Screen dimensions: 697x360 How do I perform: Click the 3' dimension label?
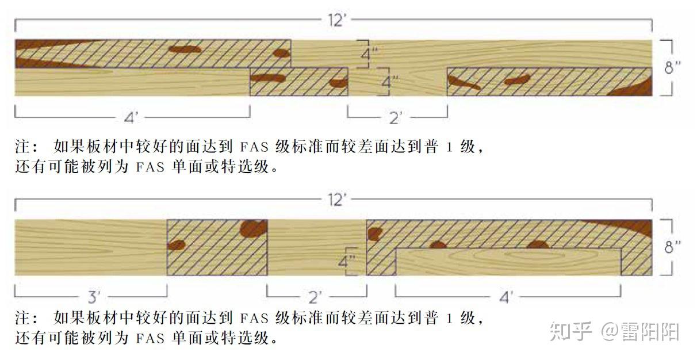pos(94,297)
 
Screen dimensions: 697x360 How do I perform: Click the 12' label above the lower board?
pos(336,200)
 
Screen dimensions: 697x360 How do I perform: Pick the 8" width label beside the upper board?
pos(672,68)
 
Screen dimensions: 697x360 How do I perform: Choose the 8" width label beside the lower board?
pos(672,247)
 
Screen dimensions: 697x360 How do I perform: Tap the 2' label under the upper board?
pos(396,118)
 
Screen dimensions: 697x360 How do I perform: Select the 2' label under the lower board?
pos(316,297)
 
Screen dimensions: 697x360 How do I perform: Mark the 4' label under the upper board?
pos(132,118)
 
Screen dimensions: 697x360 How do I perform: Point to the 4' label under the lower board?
pos(506,297)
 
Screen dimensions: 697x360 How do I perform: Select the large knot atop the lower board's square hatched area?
pos(254,228)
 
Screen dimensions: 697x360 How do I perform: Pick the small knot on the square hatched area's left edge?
pos(176,245)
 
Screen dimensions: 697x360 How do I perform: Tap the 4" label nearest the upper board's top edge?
pos(369,55)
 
